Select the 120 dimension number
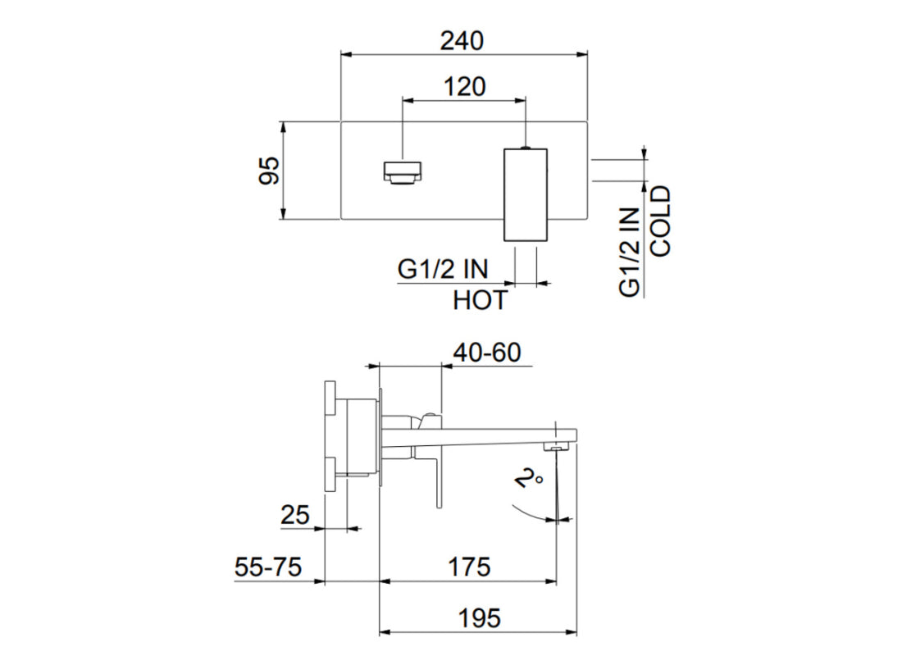[464, 86]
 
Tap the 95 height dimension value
[269, 171]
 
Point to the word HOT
[481, 301]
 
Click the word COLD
[659, 221]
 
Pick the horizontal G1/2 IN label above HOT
[443, 269]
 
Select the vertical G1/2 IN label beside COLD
[629, 251]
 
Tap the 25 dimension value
[295, 515]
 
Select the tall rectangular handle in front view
[524, 195]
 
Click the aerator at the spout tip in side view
[559, 446]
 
